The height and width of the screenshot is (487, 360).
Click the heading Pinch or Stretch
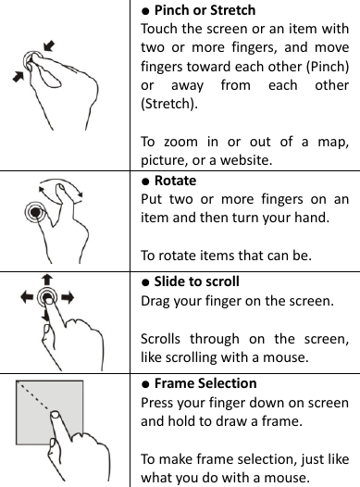[x=205, y=10]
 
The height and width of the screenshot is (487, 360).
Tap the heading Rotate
[x=175, y=181]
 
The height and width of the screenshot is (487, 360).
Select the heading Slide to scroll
[x=196, y=281]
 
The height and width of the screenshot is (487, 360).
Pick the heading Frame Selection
[x=205, y=382]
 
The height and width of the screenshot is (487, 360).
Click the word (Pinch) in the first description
[x=325, y=65]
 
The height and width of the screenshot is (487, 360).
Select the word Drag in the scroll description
[x=155, y=302]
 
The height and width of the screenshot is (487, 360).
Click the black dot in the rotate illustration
[x=36, y=238]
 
